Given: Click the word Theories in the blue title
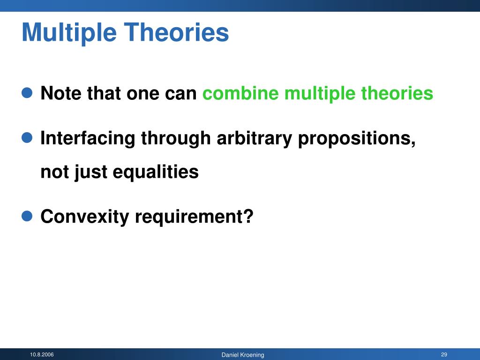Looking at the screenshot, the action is [176, 32].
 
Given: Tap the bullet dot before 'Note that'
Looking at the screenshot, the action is [27, 93].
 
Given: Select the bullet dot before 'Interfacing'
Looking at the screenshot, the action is [27, 137].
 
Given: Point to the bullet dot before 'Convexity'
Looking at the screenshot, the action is [27, 216].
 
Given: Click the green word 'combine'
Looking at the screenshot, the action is [240, 93].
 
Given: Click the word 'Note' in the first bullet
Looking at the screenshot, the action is [61, 93].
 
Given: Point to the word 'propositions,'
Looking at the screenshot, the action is [357, 139].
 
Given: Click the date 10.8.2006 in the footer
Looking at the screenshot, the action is [42, 354].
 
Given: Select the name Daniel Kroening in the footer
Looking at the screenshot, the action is [243, 355].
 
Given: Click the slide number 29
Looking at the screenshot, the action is [444, 354].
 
